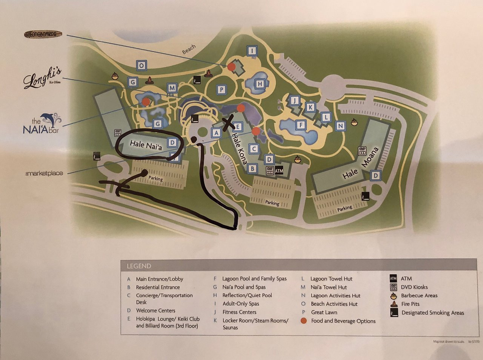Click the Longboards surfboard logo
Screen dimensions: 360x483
tap(43, 34)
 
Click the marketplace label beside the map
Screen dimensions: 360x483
tap(44, 173)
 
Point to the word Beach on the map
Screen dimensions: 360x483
tap(189, 49)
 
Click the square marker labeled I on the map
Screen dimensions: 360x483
tap(252, 51)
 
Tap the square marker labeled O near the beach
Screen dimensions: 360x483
tap(141, 65)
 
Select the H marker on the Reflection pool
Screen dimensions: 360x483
tap(260, 84)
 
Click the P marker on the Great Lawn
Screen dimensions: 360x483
tap(222, 89)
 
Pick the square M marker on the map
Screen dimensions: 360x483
tap(172, 88)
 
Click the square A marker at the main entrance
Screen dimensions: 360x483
tap(216, 133)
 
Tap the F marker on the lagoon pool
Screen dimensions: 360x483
tap(301, 125)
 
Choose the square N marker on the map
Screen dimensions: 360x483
tap(340, 126)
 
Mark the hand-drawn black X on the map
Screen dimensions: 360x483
tap(228, 124)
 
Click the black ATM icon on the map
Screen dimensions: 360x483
tap(279, 171)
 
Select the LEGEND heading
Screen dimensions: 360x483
tap(139, 266)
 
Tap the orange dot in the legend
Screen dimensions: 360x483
tap(303, 321)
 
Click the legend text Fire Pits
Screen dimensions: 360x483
tap(410, 304)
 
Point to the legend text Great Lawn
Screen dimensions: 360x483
tap(324, 312)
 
